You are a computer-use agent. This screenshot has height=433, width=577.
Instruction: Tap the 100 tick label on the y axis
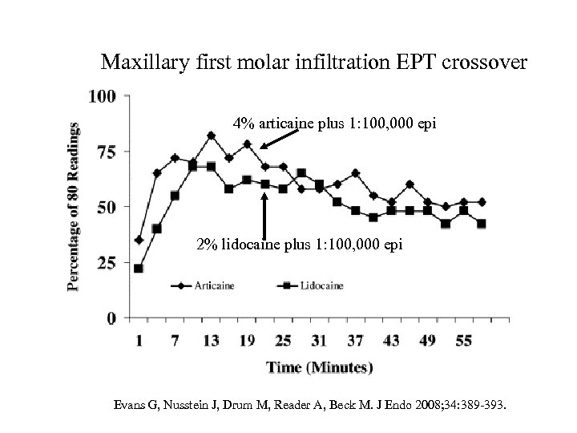point(103,95)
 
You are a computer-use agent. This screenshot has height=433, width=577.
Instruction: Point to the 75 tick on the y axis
point(106,151)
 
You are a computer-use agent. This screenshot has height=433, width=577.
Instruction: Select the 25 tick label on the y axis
point(106,262)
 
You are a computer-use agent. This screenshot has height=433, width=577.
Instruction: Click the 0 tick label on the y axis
point(111,318)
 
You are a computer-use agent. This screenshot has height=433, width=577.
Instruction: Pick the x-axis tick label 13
point(211,342)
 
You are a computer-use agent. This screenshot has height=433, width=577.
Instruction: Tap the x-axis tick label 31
point(318,342)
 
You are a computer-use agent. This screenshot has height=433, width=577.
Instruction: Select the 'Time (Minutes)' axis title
point(320,368)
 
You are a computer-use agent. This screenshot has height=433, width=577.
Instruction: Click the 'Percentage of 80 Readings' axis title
point(74,206)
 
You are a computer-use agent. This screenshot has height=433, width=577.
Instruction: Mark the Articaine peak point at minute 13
point(211,136)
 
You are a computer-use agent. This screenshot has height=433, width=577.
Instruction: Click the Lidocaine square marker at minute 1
point(139,269)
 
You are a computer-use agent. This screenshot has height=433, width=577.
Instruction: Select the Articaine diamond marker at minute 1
point(139,240)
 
